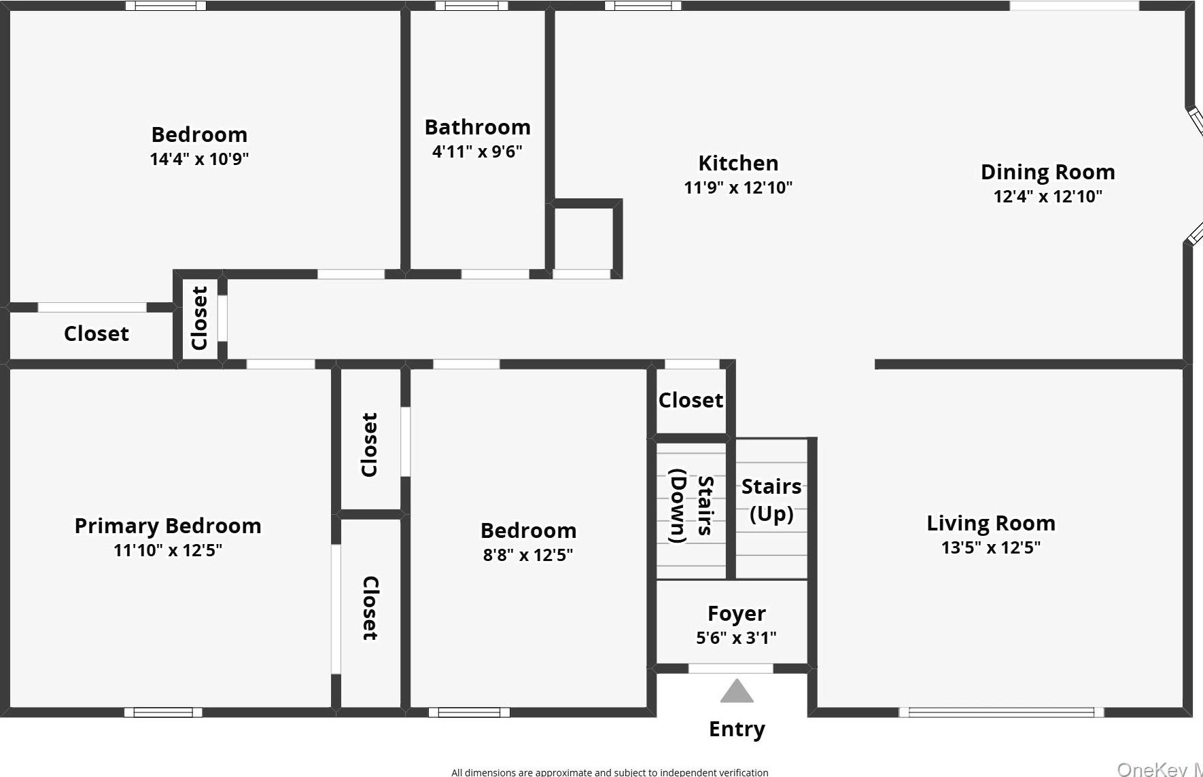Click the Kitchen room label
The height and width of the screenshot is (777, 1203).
738,164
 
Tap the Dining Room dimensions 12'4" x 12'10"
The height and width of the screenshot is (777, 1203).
1047,197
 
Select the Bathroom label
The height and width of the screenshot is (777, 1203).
477,128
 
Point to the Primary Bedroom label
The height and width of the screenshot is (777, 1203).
168,526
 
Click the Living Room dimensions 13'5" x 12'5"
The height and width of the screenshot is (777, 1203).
990,548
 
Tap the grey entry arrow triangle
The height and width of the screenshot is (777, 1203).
737,692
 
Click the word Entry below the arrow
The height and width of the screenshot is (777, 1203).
737,729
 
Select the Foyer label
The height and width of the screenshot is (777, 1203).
737,614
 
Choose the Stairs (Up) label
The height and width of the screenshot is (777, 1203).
771,500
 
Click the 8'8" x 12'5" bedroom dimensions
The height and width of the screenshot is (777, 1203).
528,556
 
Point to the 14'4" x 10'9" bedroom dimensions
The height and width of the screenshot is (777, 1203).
199,160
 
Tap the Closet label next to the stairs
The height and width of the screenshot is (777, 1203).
691,401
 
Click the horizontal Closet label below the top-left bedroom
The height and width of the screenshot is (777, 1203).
96,334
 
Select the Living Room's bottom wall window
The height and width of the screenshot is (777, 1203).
1001,712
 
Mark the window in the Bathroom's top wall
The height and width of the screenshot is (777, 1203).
471,6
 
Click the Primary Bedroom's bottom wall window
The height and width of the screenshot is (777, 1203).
163,712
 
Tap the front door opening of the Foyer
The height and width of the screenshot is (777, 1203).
731,669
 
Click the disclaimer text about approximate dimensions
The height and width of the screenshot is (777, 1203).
610,772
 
